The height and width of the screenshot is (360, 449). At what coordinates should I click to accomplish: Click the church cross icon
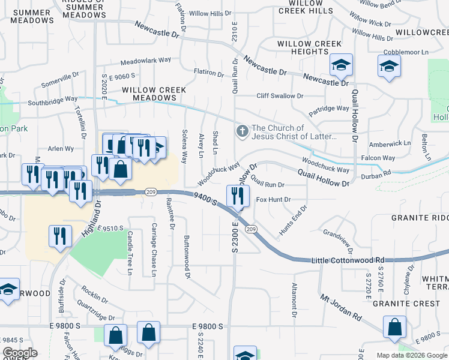tap(243, 131)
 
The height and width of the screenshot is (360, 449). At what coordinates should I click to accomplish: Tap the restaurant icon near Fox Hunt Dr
tap(238, 196)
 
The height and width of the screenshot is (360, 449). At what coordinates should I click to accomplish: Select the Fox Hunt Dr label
tap(273, 199)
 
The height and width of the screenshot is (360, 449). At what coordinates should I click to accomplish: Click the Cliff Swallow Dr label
tap(280, 95)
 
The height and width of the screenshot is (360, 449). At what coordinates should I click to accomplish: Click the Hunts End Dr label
tap(293, 220)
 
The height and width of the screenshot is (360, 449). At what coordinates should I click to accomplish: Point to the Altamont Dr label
tap(294, 300)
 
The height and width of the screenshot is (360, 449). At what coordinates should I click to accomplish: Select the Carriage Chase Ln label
tap(154, 250)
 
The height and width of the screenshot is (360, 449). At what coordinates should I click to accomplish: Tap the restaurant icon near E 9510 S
tap(61, 236)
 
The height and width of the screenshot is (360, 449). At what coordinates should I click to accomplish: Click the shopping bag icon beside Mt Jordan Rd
tap(394, 328)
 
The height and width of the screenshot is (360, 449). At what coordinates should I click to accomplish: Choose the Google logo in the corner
tap(20, 353)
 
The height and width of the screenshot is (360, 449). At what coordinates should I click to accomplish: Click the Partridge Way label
tap(328, 109)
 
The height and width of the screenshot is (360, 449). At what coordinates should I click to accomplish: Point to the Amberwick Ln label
tap(390, 144)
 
